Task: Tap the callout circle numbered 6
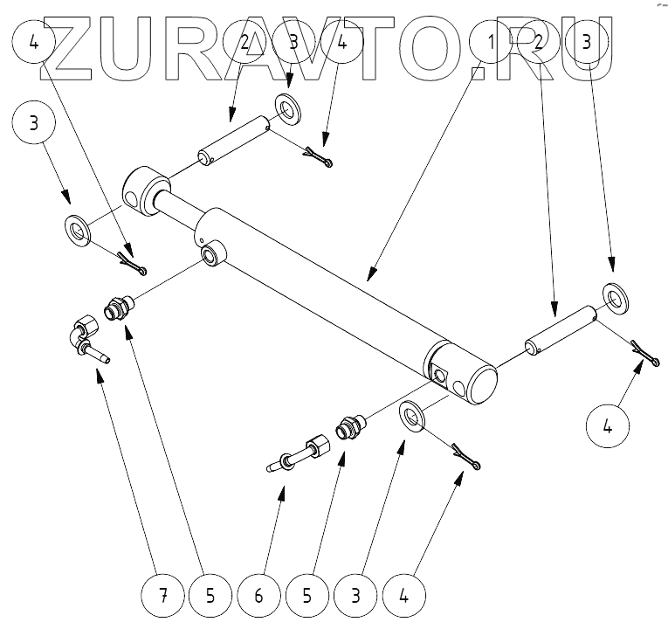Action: (258, 597)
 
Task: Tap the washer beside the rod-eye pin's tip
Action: (286, 108)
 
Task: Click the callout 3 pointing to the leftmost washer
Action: (34, 122)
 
